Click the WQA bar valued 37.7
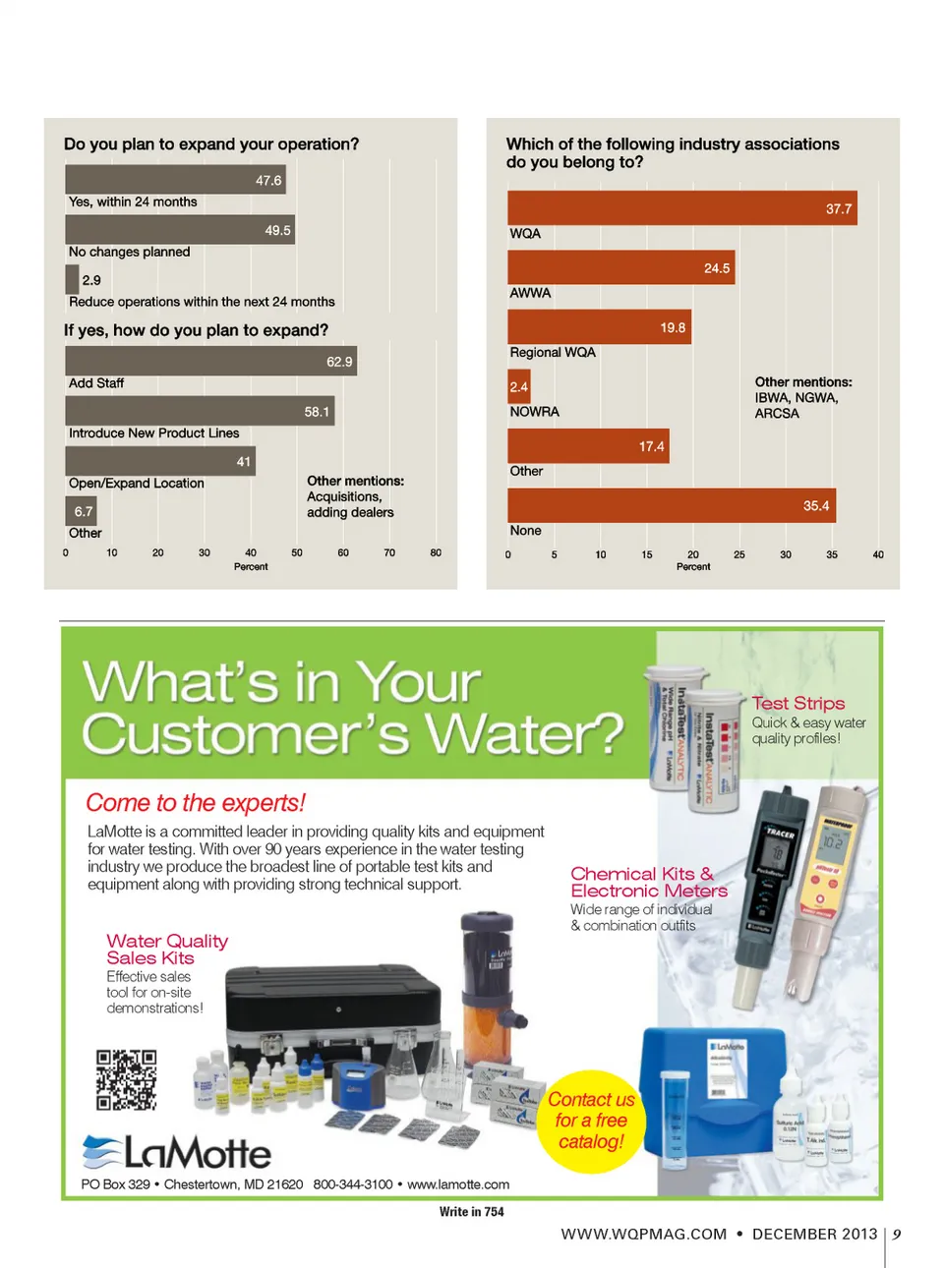coord(681,208)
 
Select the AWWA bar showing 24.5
coord(621,267)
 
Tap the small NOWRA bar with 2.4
coord(519,386)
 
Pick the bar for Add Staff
coord(210,361)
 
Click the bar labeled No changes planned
coord(180,230)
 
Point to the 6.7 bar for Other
coord(81,511)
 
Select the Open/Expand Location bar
coord(160,461)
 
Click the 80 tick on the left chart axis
coord(436,552)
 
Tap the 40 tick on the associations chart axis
coord(878,554)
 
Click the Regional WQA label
coord(553,352)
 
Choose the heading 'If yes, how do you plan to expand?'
coord(196,330)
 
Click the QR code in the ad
coord(126,1079)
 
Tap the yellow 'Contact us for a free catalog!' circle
coord(590,1121)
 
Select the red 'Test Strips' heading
coord(798,703)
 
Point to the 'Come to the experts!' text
coord(196,803)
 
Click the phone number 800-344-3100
coord(353,1184)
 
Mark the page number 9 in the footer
coord(897,1235)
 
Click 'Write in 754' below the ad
coord(471,1212)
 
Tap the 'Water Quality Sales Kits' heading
coord(166,949)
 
